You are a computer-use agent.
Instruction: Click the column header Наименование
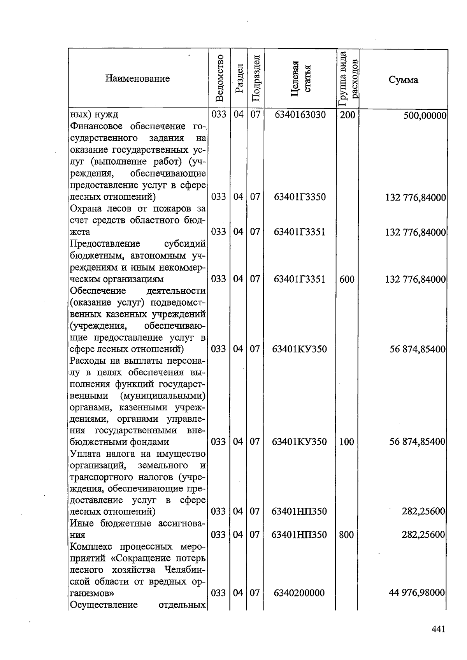coord(137,79)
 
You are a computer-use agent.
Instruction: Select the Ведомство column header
coord(219,78)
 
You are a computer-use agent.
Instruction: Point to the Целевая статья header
coord(300,78)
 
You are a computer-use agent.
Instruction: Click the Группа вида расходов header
coord(348,78)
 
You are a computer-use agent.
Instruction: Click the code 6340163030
coord(300,115)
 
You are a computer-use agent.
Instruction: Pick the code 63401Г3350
coord(300,197)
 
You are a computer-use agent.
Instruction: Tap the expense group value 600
coord(347,279)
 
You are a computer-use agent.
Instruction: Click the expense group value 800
coord(346,535)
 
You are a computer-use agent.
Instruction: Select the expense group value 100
coord(346,442)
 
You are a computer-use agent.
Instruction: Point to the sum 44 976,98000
coord(417,593)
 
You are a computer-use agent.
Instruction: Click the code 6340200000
coord(299,593)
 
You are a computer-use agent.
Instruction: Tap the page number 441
coord(438,629)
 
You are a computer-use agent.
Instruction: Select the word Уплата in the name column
coord(84,454)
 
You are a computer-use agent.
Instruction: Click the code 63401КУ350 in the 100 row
coord(299,442)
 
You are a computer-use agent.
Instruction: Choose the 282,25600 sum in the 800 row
coord(423,535)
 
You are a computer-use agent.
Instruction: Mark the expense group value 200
coord(347,115)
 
